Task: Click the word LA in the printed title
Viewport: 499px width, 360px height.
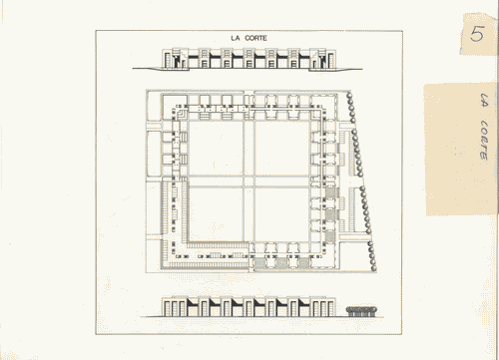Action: coord(235,39)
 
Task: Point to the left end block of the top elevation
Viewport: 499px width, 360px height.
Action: coord(171,60)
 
